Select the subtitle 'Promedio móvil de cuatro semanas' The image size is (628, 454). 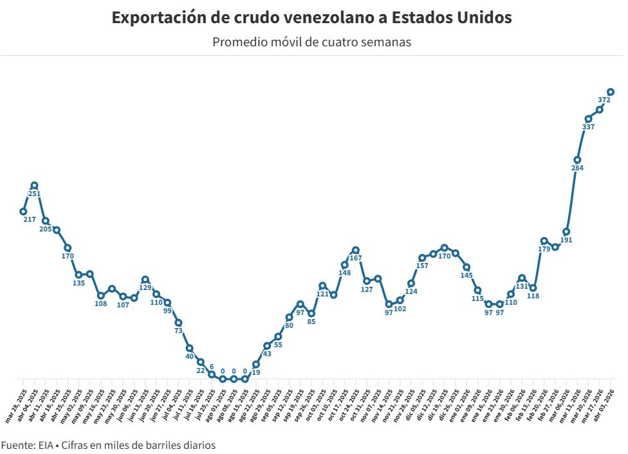click(x=311, y=42)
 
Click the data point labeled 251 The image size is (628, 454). click(x=34, y=185)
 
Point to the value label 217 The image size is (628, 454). click(x=30, y=219)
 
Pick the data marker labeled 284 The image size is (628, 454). click(x=577, y=159)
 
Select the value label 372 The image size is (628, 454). click(x=604, y=100)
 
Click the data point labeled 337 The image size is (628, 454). click(x=588, y=118)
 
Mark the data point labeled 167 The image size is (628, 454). click(x=356, y=250)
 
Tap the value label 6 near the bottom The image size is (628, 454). click(x=212, y=367)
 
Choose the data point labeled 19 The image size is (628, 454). click(x=256, y=364)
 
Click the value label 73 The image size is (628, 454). click(x=178, y=331)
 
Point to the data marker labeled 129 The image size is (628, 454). click(x=145, y=279)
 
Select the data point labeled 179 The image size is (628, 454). click(x=544, y=241)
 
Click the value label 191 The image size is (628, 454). click(x=566, y=240)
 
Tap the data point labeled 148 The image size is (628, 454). click(x=345, y=264)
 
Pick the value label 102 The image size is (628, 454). click(x=400, y=309)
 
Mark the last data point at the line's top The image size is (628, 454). click(x=611, y=92)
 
